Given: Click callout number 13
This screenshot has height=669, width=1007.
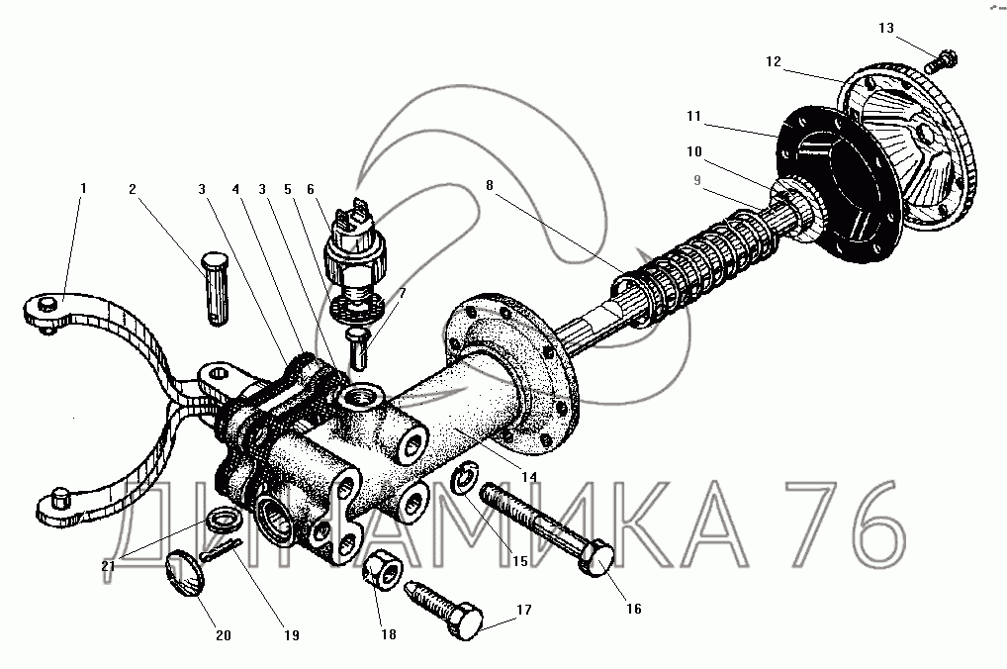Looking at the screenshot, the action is [x=886, y=28].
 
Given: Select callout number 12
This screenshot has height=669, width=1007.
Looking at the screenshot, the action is [x=774, y=61].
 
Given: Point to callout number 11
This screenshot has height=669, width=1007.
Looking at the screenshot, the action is [x=693, y=116].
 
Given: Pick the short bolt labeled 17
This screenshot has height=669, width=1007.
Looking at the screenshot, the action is [x=444, y=610].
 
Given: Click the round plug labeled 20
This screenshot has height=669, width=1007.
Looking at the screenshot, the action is [x=185, y=573].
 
